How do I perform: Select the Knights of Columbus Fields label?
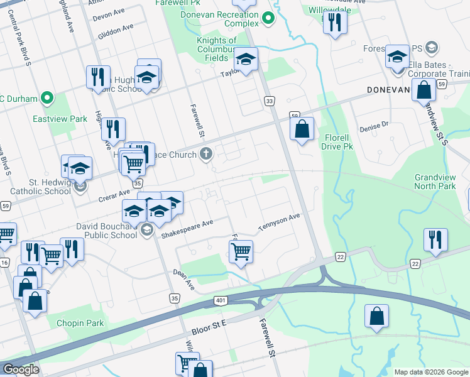pyautogui.click(x=216, y=49)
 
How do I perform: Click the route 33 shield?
pyautogui.click(x=270, y=101)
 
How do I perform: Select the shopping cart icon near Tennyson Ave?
pyautogui.click(x=241, y=252)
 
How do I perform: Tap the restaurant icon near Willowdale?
pyautogui.click(x=334, y=23)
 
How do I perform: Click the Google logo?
pyautogui.click(x=21, y=369)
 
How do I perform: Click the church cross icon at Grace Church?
pyautogui.click(x=205, y=153)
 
